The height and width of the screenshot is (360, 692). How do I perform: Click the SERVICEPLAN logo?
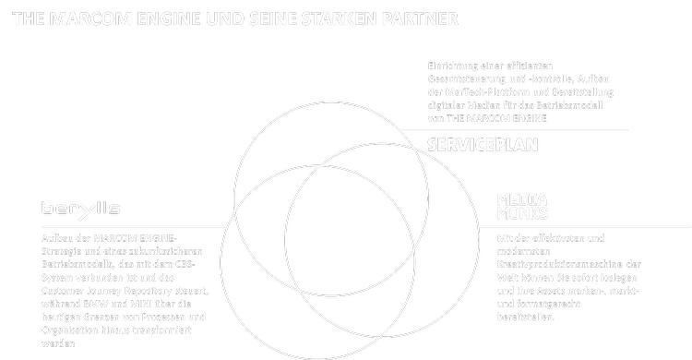[483, 145]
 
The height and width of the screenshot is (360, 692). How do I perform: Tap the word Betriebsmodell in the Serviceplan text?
[563, 105]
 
